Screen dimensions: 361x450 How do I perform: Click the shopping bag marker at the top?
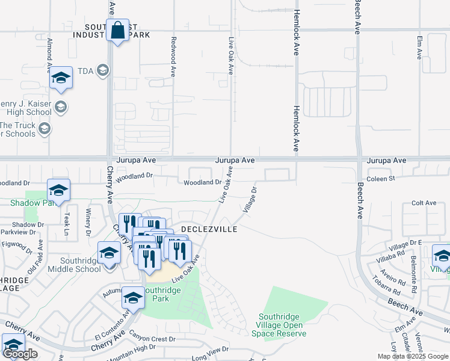point(117,29)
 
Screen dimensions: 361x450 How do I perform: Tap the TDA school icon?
point(103,71)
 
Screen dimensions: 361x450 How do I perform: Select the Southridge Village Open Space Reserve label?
point(283,325)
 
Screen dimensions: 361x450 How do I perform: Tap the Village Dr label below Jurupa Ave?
point(250,200)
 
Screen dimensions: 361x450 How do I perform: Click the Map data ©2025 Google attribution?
point(412,356)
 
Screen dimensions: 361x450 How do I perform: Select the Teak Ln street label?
point(68,223)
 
